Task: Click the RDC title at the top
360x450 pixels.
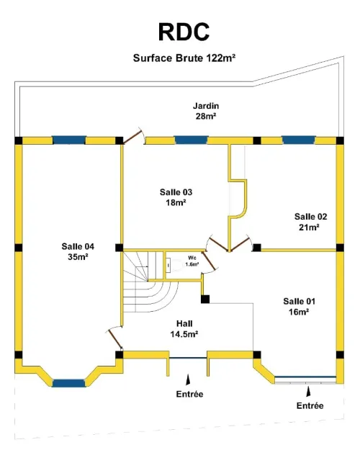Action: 184,32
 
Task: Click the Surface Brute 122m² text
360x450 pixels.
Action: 184,58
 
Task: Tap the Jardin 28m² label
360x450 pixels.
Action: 206,111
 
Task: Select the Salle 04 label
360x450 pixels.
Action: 78,251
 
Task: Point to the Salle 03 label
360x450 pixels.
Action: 176,197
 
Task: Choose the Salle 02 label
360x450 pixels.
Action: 310,222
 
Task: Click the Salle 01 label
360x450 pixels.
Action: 299,306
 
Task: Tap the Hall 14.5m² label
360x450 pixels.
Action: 184,329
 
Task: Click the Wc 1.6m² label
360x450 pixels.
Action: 192,261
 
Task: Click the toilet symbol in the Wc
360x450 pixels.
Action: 174,265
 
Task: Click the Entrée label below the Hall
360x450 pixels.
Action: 189,394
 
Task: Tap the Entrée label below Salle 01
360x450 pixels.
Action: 310,406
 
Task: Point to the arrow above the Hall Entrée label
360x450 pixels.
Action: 188,379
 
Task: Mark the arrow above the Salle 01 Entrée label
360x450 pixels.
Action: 308,392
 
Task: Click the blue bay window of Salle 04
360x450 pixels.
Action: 69,383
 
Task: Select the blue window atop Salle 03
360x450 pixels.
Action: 192,140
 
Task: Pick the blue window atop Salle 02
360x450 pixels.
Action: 299,140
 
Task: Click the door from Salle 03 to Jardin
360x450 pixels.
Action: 132,136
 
